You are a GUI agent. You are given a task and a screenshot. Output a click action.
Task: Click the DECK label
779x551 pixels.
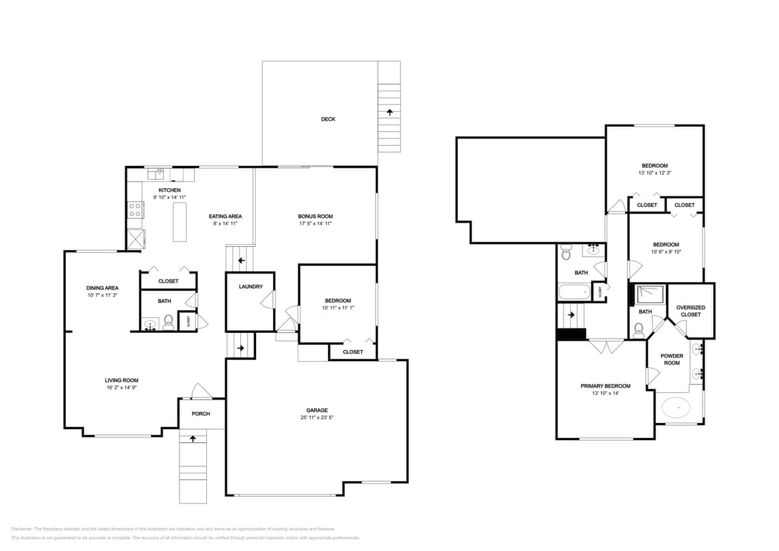point(328,119)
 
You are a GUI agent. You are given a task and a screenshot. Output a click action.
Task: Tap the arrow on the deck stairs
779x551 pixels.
point(390,112)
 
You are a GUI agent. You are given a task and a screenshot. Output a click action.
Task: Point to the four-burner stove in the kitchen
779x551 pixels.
point(135,210)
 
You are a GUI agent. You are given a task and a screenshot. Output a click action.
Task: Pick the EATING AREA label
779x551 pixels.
point(225,217)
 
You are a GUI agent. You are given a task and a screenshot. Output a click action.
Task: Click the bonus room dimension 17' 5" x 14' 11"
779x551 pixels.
point(315,224)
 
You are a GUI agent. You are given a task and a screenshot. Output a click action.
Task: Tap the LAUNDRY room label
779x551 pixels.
point(251,287)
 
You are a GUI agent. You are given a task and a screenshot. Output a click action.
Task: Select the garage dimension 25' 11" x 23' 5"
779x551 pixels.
point(317,417)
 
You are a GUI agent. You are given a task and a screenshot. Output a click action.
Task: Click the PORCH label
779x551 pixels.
point(200,414)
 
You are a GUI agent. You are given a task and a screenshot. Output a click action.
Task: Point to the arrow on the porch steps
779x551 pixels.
point(193,439)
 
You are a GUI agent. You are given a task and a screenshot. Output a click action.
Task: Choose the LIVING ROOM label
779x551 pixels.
point(121,381)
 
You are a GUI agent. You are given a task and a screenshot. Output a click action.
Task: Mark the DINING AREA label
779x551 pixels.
point(103,288)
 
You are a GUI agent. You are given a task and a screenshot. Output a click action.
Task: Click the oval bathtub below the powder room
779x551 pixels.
point(676,409)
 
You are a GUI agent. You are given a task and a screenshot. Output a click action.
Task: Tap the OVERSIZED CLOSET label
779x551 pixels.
point(690,311)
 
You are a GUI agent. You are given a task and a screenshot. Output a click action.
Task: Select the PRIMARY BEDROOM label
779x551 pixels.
point(605,386)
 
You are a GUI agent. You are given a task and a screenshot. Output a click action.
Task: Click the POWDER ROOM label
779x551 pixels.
point(671,360)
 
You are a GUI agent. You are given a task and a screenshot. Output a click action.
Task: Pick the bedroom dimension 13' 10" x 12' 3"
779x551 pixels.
point(654,174)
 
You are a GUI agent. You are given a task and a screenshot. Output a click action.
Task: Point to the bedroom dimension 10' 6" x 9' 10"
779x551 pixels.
point(665,252)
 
